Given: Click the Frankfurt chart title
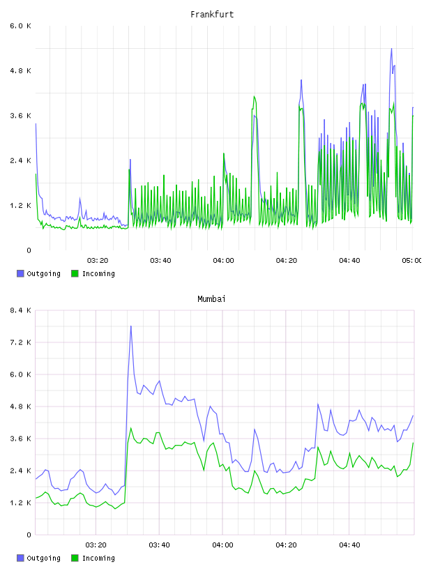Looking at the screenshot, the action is tap(212, 15).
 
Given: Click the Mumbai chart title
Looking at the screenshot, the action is tap(211, 299).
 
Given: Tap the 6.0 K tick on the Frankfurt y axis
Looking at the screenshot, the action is tap(20, 26).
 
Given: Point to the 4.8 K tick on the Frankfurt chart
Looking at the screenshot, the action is tap(20, 70).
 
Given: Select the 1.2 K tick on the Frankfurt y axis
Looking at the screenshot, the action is tap(20, 206).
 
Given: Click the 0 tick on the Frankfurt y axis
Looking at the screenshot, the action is tap(29, 250).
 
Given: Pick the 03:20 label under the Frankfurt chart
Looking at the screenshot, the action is tap(98, 261).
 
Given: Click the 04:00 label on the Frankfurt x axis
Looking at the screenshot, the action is tap(224, 261).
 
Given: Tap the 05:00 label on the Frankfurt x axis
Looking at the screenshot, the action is tap(411, 261).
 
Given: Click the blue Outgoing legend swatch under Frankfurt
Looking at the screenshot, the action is tap(20, 273).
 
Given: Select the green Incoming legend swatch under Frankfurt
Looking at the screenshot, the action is tap(75, 273).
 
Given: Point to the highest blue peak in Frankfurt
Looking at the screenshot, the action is tap(391, 49).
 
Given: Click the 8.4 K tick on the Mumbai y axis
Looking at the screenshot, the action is tap(20, 310).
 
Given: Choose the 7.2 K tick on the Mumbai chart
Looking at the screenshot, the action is tap(20, 342).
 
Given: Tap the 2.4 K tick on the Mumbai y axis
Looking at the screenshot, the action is tap(20, 471).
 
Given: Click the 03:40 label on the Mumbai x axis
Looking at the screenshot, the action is tap(160, 545).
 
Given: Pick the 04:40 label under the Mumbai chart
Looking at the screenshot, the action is tap(349, 545).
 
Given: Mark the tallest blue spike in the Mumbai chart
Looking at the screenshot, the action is tap(130, 326).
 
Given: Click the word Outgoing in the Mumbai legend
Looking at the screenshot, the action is tap(43, 559).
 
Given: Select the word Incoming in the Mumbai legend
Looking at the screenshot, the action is tap(98, 559).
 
